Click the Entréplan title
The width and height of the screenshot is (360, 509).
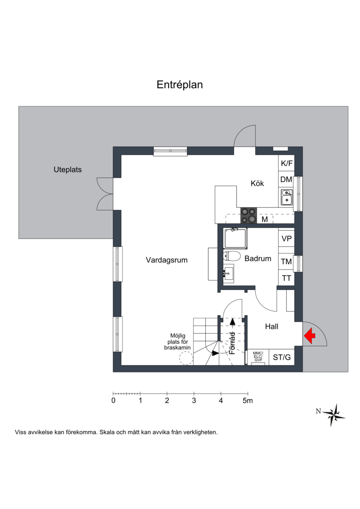(x=180, y=85)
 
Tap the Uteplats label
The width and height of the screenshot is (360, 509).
(x=67, y=170)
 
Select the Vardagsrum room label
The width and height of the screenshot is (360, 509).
(x=166, y=260)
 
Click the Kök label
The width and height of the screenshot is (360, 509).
(x=257, y=184)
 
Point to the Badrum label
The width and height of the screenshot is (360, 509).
(x=258, y=259)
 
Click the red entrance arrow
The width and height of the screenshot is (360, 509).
(x=310, y=336)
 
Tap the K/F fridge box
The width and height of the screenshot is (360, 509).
(x=286, y=163)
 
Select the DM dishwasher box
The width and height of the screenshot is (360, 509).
(x=286, y=180)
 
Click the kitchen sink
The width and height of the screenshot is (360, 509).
(x=287, y=198)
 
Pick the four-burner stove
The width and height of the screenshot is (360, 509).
(x=248, y=215)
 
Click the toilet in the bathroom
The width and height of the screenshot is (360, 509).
(x=232, y=256)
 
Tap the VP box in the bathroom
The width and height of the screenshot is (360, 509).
(x=286, y=239)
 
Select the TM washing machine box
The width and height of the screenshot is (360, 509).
(x=286, y=261)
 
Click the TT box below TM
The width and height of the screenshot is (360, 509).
(x=286, y=278)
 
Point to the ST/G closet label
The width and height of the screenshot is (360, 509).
(x=282, y=357)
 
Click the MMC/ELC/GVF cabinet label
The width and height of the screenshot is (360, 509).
(x=258, y=357)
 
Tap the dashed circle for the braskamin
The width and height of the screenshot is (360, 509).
(x=186, y=358)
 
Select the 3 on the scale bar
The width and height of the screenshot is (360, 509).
(x=194, y=401)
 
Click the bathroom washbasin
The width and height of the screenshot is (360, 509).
(x=229, y=273)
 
